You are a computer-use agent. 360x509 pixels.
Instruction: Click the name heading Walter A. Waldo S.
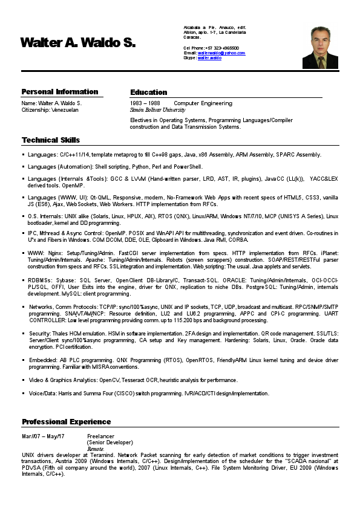coord(78,42)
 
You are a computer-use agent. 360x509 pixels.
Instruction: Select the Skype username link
coord(209,58)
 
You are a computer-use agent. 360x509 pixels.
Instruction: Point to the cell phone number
coord(221,48)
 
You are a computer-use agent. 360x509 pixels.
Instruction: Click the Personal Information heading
coord(59,92)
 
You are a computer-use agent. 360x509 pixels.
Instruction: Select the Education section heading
coord(148,92)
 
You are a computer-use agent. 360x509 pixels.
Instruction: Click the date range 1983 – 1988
coord(145,103)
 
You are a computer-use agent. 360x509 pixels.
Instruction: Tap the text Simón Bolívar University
coord(158,111)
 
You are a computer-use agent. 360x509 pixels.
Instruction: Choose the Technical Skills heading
coord(51,140)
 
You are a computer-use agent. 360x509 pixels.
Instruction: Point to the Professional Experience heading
coord(67,421)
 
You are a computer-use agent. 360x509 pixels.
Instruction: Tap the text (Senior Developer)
coord(110,443)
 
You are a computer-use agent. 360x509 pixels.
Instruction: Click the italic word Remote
coord(96,449)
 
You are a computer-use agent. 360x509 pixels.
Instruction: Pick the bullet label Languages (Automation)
coord(60,166)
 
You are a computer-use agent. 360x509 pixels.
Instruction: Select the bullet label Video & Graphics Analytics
coord(63,380)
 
